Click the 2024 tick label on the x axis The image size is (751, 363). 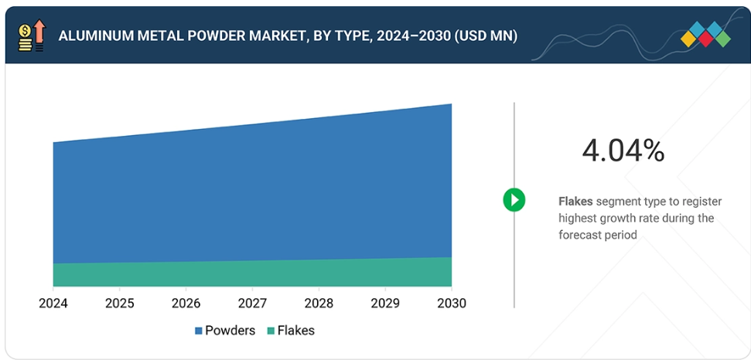pyautogui.click(x=53, y=304)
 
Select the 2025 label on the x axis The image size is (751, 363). pyautogui.click(x=120, y=304)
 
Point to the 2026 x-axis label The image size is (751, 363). pyautogui.click(x=186, y=304)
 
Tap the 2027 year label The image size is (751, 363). pyautogui.click(x=252, y=304)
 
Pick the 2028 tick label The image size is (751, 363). pyautogui.click(x=319, y=304)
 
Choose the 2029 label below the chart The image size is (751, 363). pyautogui.click(x=384, y=304)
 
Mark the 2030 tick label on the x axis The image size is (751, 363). pyautogui.click(x=451, y=304)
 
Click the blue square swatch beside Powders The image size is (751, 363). pyautogui.click(x=199, y=331)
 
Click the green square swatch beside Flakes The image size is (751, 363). pyautogui.click(x=271, y=331)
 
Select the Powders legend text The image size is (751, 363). pyautogui.click(x=230, y=331)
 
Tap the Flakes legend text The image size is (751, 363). pyautogui.click(x=296, y=331)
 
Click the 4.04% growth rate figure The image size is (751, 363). pyautogui.click(x=623, y=151)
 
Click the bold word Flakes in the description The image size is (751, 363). pyautogui.click(x=575, y=202)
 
